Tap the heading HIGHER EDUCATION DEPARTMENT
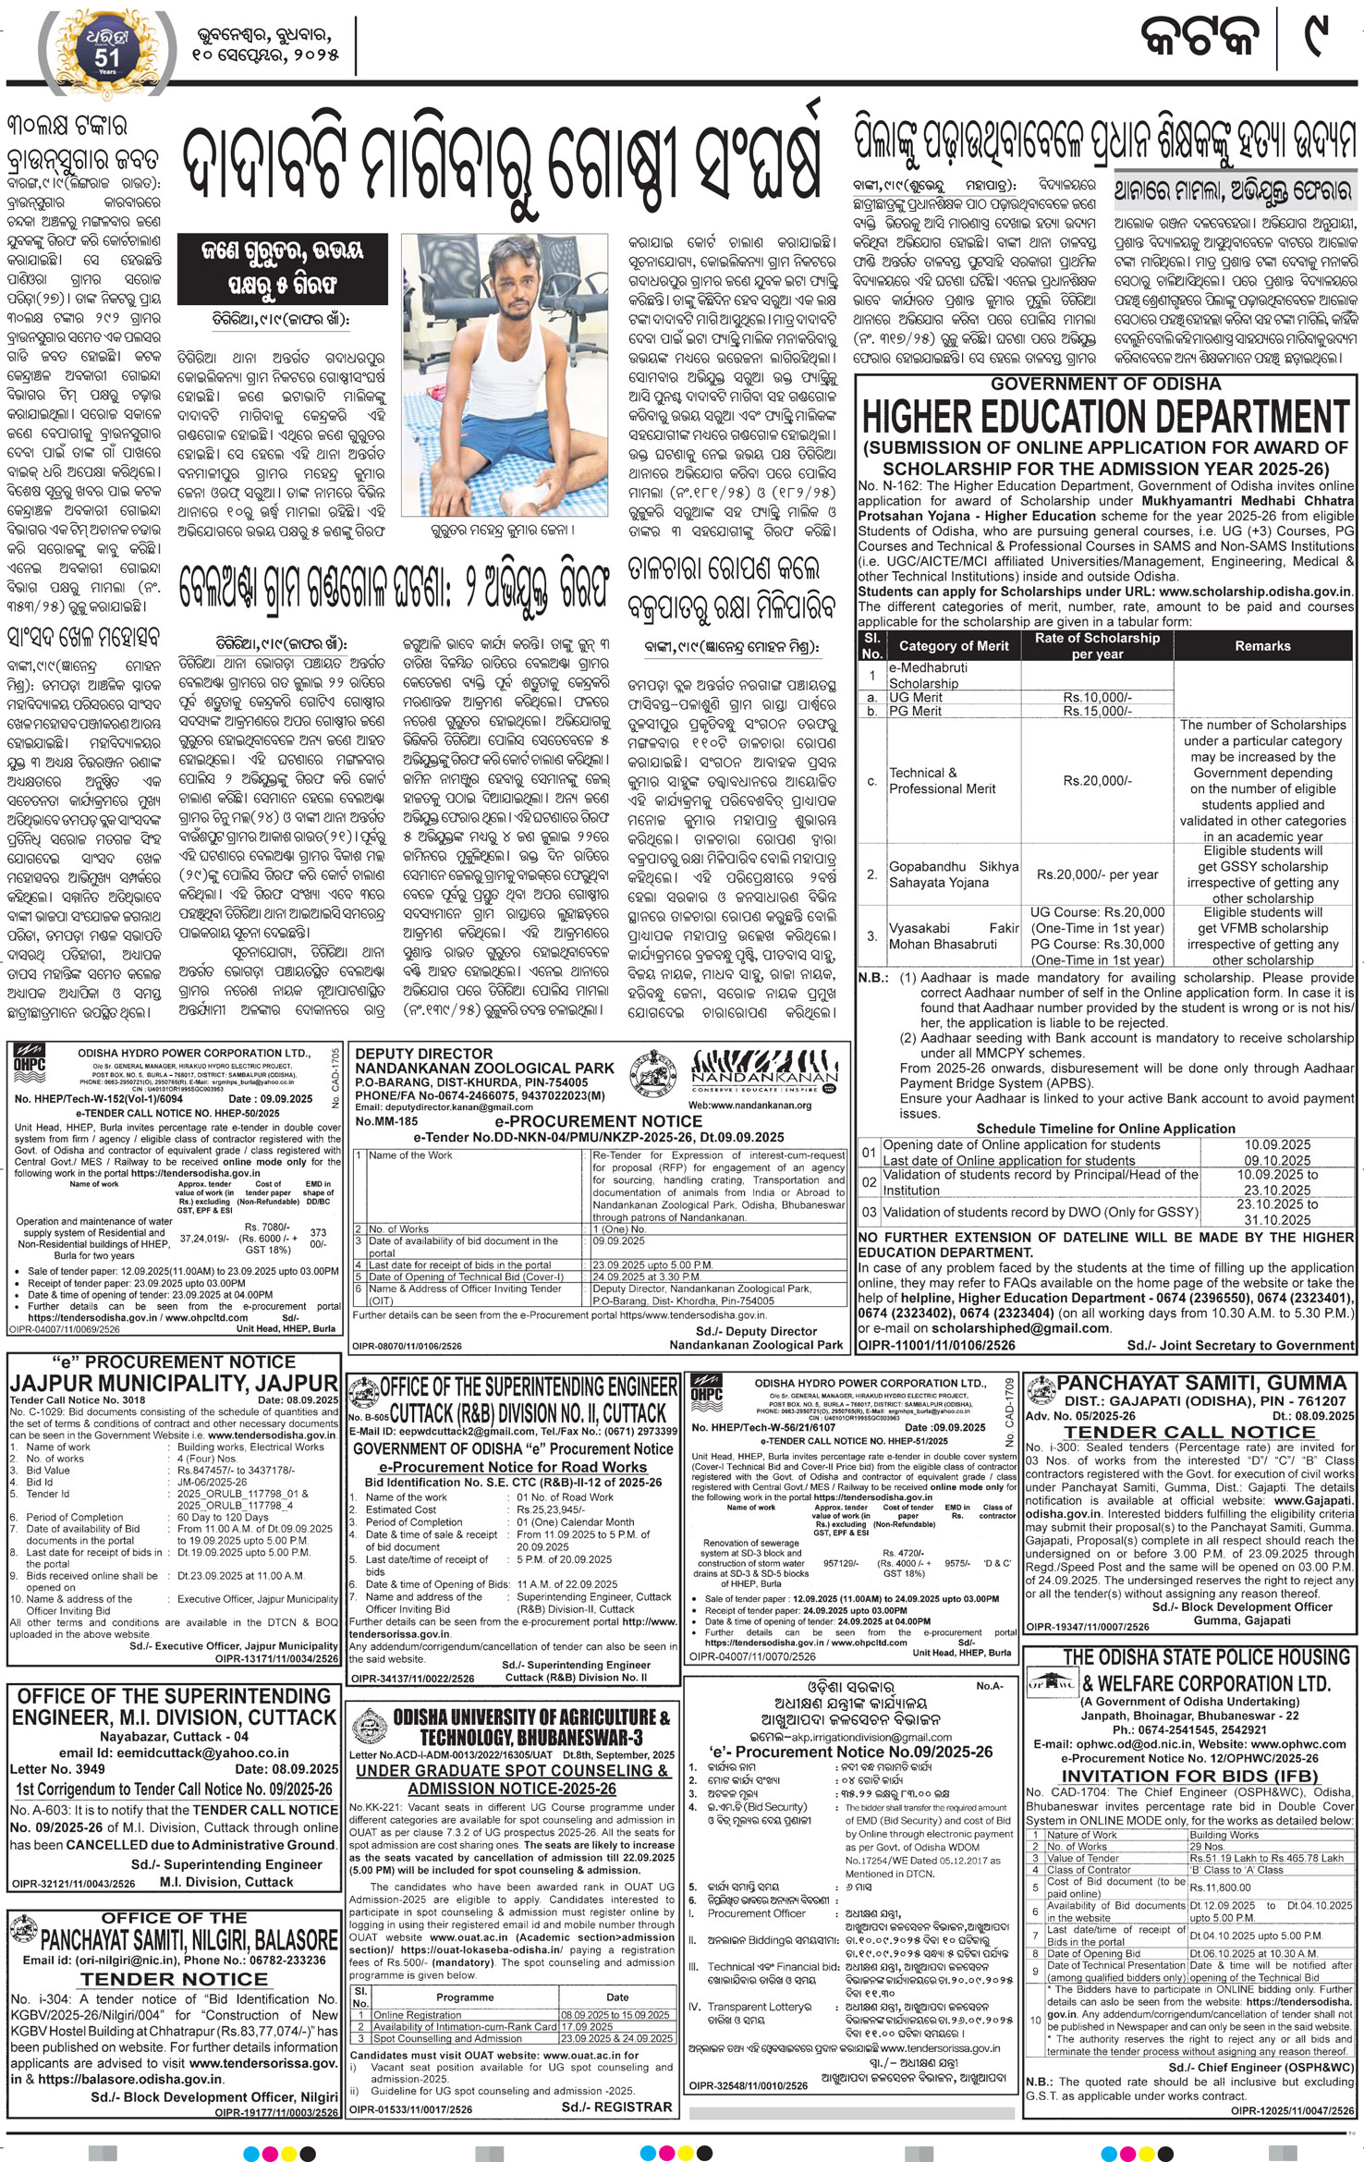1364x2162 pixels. (x=1105, y=419)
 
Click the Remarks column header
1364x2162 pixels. (x=1261, y=646)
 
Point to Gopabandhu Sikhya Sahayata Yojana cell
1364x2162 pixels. (x=953, y=874)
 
